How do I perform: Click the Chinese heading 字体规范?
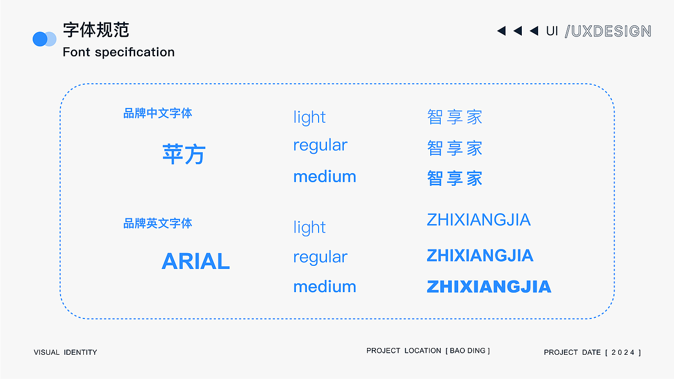click(96, 30)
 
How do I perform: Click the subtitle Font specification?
click(118, 52)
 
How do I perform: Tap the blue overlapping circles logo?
click(44, 39)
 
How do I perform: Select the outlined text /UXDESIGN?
click(608, 31)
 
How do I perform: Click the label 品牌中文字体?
click(157, 113)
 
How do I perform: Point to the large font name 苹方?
click(184, 154)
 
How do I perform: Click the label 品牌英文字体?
click(157, 224)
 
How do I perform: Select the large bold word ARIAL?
click(195, 261)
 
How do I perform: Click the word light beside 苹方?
click(310, 117)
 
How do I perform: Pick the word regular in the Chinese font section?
click(320, 145)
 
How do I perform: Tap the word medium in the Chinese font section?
click(324, 176)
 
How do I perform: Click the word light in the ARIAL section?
click(310, 227)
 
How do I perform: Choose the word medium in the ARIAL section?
click(324, 286)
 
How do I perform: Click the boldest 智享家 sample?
click(454, 178)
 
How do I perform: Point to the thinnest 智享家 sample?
click(454, 117)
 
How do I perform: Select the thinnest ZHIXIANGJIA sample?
click(478, 220)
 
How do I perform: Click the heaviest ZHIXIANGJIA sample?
click(489, 286)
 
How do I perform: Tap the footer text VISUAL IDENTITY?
click(65, 352)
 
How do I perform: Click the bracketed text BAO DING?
click(468, 351)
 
